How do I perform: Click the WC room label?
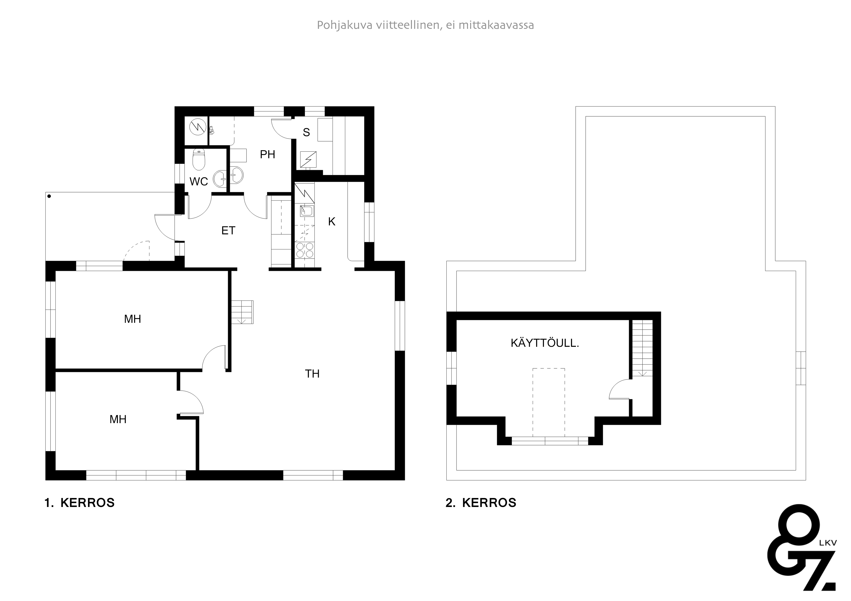coord(199,182)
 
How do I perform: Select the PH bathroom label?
coord(268,154)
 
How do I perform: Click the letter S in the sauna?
coord(306,132)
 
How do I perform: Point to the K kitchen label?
coord(332,221)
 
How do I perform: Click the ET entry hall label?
coord(228,231)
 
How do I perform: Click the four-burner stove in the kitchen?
coord(304,250)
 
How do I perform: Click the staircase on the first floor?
coord(243,312)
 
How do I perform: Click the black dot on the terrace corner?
coord(49,196)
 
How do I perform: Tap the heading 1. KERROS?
coord(80,503)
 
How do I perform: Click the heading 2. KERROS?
coord(481,503)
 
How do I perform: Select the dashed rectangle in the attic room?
coord(549,403)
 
